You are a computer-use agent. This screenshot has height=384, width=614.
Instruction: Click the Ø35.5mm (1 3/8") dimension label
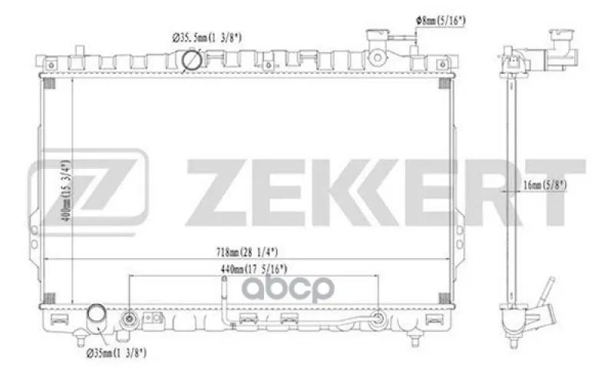click(206, 38)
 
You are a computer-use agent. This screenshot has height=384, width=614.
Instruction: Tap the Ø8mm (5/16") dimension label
click(441, 21)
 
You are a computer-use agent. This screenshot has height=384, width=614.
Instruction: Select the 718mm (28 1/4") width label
click(247, 252)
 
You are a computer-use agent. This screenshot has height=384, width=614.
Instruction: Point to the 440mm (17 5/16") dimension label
click(254, 270)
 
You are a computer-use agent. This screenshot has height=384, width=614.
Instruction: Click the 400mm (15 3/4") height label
click(67, 190)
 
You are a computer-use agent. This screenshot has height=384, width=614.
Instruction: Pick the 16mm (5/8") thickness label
click(545, 185)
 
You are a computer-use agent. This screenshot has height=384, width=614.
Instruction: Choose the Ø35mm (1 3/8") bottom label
click(117, 353)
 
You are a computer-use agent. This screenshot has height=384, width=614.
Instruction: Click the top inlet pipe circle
click(192, 60)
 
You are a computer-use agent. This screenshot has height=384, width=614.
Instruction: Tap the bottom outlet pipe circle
click(97, 313)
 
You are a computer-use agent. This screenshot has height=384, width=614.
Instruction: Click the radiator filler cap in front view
click(377, 38)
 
